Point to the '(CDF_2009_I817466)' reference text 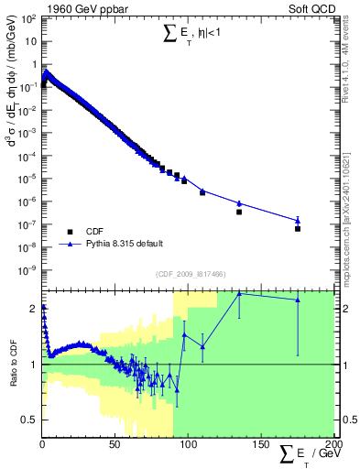coord(189,274)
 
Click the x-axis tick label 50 coord(115,446)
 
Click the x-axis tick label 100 coord(187,446)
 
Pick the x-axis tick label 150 coord(260,446)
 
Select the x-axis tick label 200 coord(332,446)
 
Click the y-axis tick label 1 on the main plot coord(35,65)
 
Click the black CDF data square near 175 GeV coord(298,229)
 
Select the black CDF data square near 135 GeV coord(239,212)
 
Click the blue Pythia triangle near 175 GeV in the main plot coord(298,220)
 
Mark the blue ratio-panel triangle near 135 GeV coord(239,293)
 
